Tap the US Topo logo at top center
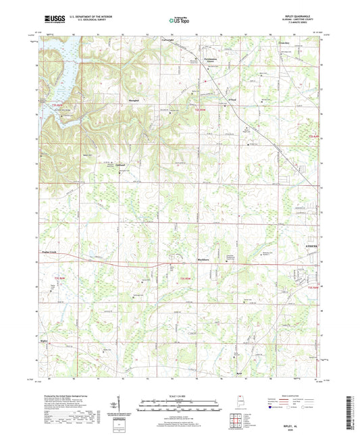click(178, 22)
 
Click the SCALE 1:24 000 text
click(180, 396)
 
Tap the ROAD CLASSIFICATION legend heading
click(292, 398)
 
